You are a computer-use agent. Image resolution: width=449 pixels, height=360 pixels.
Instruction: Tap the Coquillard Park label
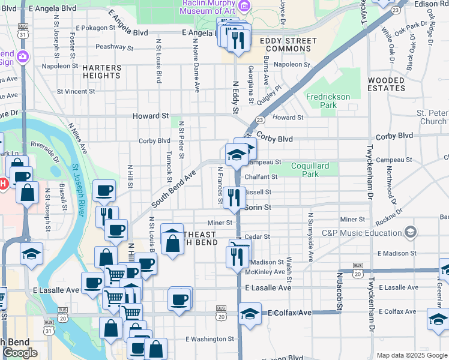coord(313,170)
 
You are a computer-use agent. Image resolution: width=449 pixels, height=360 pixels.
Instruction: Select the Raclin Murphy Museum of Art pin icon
coord(244,6)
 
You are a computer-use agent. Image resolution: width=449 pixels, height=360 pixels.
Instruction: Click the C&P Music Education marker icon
coord(410,232)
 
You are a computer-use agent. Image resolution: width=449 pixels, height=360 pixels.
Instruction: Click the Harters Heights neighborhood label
coord(102,71)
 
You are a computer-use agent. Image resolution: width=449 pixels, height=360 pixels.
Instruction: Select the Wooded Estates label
coord(387,84)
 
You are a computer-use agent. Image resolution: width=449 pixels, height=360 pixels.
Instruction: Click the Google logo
coord(20,353)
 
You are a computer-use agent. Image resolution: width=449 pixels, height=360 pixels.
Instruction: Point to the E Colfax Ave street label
coord(290,313)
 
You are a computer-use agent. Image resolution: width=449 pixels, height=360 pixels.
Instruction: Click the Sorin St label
coord(259,207)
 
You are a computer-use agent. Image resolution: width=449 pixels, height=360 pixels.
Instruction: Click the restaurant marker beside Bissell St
coord(234,196)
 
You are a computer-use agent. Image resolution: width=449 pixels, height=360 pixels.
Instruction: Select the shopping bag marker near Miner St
coord(172,242)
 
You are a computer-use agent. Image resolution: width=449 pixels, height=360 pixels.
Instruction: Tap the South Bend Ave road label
coord(174,188)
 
